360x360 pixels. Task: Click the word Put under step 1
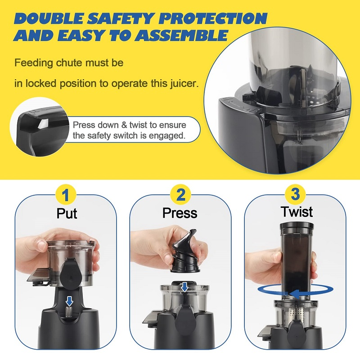coord(67,213)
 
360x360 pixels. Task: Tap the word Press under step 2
coord(180,213)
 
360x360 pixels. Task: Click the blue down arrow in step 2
coord(184,287)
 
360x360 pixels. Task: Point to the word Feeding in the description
coord(32,63)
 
